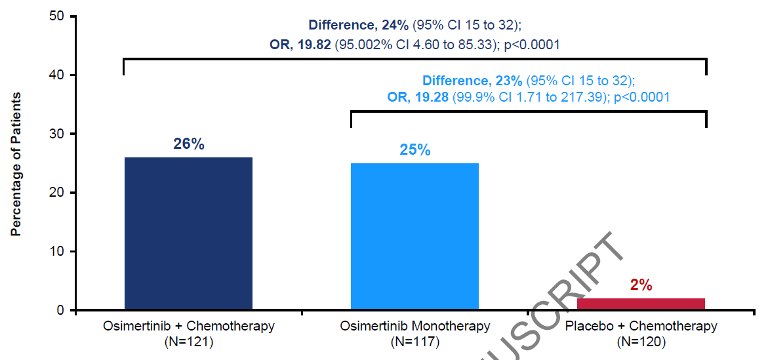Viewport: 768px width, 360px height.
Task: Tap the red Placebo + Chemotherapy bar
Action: tap(641, 304)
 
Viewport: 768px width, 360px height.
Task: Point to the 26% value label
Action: tap(189, 144)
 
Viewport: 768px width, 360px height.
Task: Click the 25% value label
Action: tap(415, 150)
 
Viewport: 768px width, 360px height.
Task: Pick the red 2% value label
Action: tap(641, 285)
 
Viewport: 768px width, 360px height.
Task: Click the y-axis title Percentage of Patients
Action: tap(16, 164)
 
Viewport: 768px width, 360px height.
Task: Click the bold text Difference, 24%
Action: tap(359, 26)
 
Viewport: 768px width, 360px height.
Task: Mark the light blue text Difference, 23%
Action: tap(472, 81)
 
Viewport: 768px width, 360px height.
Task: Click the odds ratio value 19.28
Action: tap(430, 97)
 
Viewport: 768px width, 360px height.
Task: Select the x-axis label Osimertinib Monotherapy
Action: tap(415, 326)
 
